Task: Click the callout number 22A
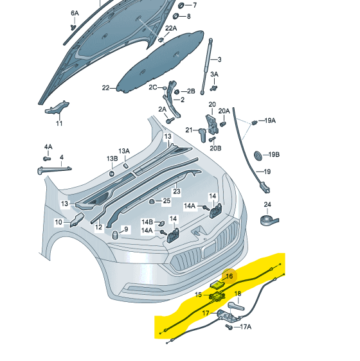point(170,28)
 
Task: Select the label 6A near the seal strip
point(75,13)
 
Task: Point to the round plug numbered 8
point(175,16)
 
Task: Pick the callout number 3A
point(214,75)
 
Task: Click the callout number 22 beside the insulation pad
point(106,88)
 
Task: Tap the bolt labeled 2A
point(170,119)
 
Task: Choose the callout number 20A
point(224,110)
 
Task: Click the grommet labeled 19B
point(256,155)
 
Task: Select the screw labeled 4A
point(47,158)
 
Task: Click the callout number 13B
point(112,158)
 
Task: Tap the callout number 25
point(166,201)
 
